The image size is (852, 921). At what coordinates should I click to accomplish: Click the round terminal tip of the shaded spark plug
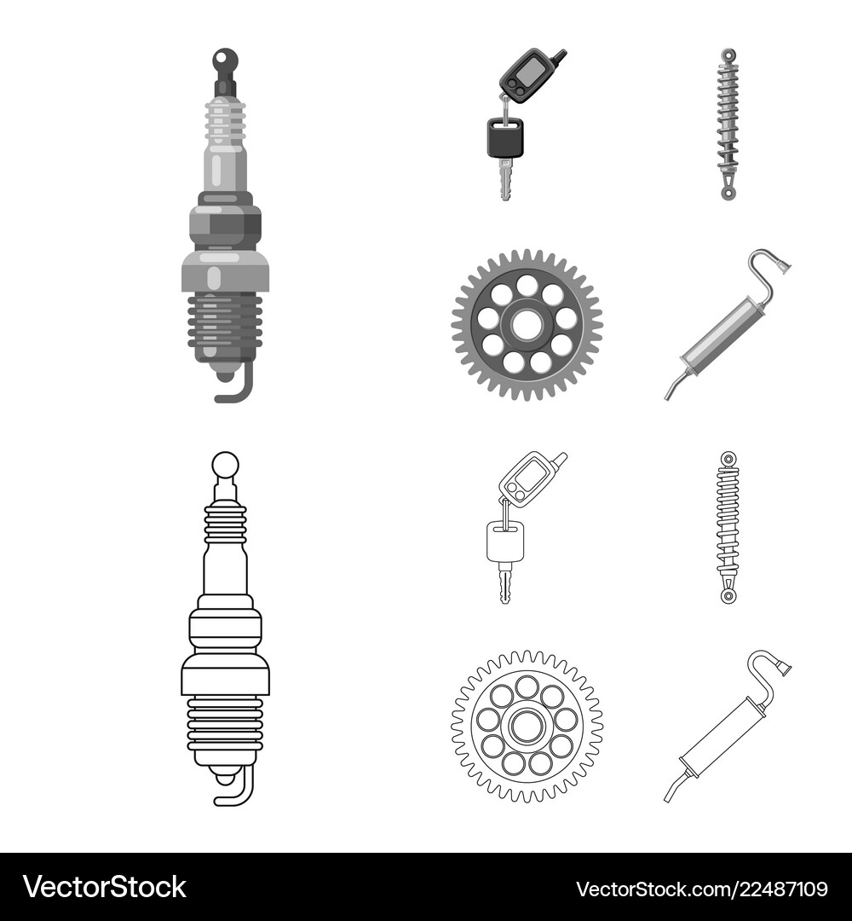(225, 60)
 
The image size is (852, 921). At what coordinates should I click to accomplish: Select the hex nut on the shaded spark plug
(225, 224)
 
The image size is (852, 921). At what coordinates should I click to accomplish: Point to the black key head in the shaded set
(504, 137)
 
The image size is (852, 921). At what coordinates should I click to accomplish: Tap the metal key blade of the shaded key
(505, 179)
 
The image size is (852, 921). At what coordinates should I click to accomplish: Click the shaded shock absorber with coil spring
(728, 125)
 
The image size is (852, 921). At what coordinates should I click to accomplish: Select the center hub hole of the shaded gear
(527, 325)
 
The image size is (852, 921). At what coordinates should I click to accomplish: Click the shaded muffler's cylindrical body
(720, 332)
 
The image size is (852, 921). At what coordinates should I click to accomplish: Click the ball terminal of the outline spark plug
(225, 466)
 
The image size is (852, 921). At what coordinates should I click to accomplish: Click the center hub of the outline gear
(527, 727)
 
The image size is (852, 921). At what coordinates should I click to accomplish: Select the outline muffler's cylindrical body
(720, 735)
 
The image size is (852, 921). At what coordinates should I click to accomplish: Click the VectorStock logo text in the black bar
(105, 887)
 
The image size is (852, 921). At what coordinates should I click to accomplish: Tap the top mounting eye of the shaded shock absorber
(728, 55)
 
